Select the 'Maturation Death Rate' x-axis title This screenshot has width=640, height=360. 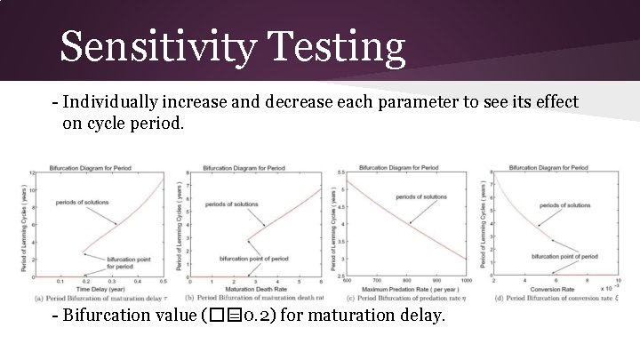click(248, 289)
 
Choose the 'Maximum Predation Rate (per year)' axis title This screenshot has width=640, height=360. click(404, 289)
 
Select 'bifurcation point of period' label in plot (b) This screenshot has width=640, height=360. click(253, 259)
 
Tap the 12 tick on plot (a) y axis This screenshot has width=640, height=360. click(34, 172)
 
